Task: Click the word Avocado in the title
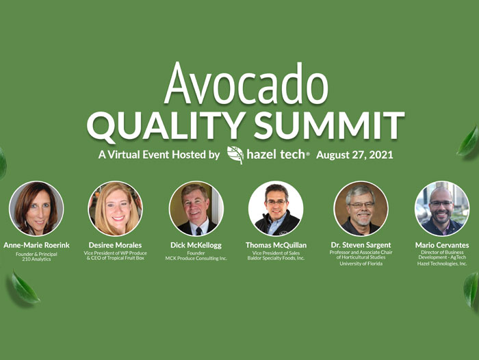coord(246,83)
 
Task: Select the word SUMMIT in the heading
coord(329,125)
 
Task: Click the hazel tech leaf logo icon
coord(235,155)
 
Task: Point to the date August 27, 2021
coord(354,155)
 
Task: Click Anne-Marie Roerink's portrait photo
coord(36,209)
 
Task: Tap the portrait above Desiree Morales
coord(116,209)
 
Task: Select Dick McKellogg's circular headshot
coord(196,209)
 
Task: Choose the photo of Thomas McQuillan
coord(276,209)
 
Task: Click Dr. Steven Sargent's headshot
coord(361,209)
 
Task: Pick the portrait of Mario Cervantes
coord(442,209)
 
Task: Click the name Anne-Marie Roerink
coord(37,245)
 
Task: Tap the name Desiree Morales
coord(115,245)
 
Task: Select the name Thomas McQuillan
coord(276,245)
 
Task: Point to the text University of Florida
coord(361,263)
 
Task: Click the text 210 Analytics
coord(36,259)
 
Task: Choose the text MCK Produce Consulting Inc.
coord(196,258)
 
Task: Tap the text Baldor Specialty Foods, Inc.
coord(276,258)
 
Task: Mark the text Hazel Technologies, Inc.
coord(442,263)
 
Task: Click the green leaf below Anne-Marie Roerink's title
coord(25,288)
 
